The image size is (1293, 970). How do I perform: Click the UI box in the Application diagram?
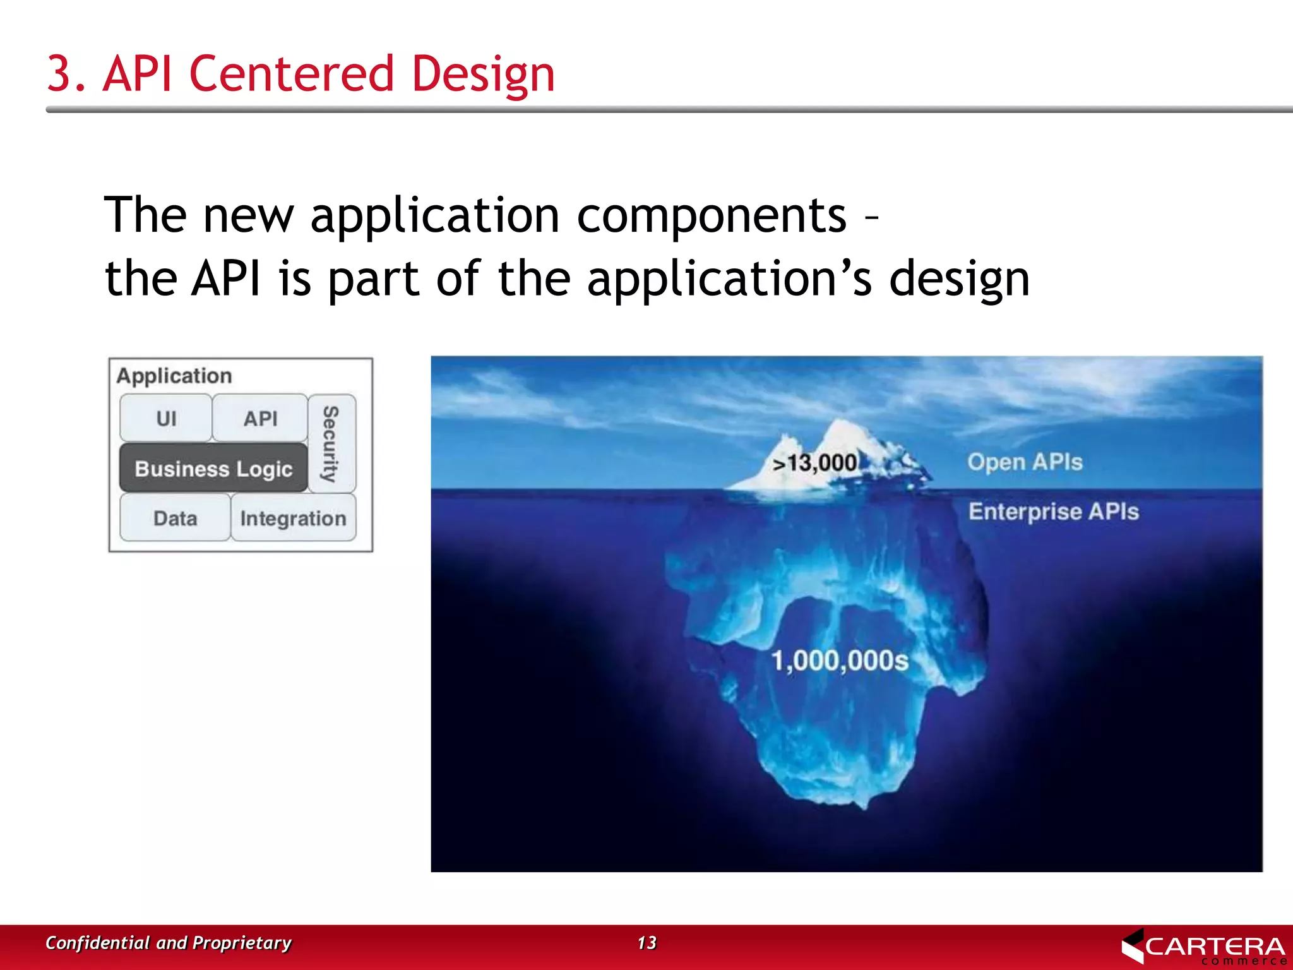pyautogui.click(x=166, y=418)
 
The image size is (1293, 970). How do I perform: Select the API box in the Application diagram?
pyautogui.click(x=260, y=418)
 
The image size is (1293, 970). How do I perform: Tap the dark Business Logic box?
pyautogui.click(x=213, y=469)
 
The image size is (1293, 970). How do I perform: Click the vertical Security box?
pyautogui.click(x=331, y=443)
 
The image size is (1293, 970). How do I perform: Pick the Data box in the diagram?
pyautogui.click(x=175, y=518)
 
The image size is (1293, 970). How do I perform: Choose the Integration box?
pyautogui.click(x=293, y=518)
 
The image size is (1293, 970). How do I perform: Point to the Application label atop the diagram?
pyautogui.click(x=174, y=376)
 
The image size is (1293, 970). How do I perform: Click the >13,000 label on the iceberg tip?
pyautogui.click(x=816, y=463)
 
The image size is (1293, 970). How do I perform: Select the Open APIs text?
pyautogui.click(x=1025, y=462)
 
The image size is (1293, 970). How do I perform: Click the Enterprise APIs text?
pyautogui.click(x=1053, y=511)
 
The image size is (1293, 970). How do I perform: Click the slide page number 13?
pyautogui.click(x=646, y=942)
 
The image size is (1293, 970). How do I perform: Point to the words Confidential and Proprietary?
pyautogui.click(x=168, y=942)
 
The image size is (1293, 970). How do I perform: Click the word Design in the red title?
pyautogui.click(x=483, y=75)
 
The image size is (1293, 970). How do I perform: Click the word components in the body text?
pyautogui.click(x=711, y=215)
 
